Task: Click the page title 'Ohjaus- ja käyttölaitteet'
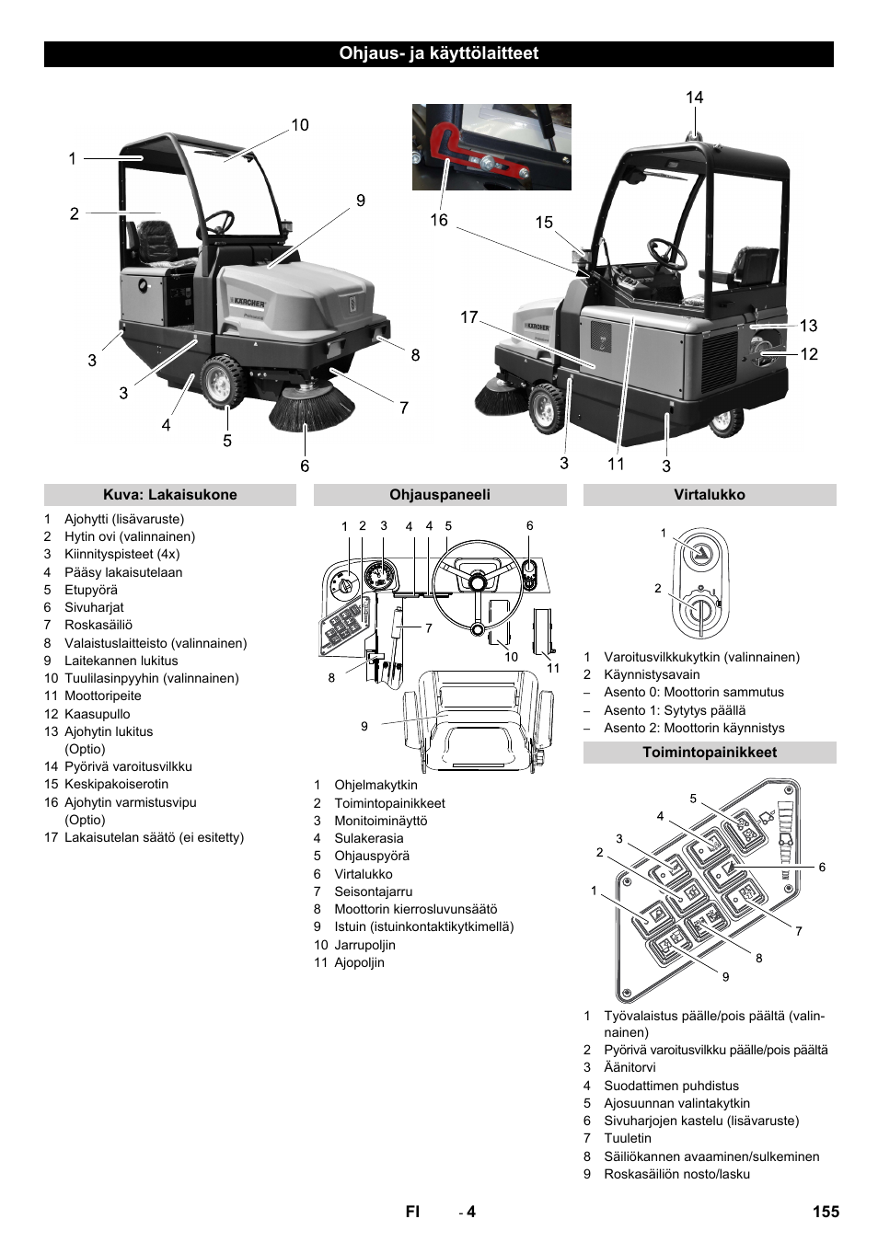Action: (438, 53)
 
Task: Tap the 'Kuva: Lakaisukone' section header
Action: (169, 495)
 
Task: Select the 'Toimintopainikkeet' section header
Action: (709, 753)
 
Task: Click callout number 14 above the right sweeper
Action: (694, 98)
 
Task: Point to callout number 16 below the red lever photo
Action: (438, 220)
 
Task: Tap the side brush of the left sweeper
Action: (311, 408)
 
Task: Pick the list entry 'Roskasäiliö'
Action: (98, 625)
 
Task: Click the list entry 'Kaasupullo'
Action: (97, 714)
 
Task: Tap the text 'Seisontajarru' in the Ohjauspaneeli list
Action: (373, 891)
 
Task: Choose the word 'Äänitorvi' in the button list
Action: (630, 1067)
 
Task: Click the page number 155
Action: (826, 1212)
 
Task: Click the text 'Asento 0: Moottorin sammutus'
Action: (693, 692)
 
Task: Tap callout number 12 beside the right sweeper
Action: (808, 354)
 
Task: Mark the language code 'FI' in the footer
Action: (412, 1212)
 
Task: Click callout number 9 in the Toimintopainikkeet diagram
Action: (725, 977)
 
